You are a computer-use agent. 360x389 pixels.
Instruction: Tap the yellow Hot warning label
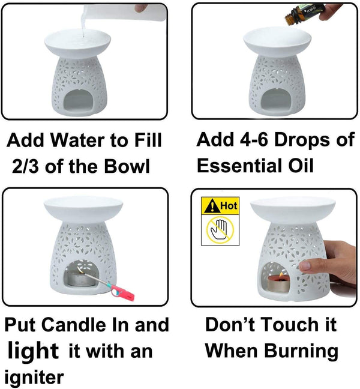coord(218,206)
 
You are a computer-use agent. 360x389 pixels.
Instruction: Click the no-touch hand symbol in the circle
coord(219,229)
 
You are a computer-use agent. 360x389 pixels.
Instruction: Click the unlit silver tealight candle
coord(79,278)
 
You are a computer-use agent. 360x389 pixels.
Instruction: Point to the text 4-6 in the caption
coord(256,140)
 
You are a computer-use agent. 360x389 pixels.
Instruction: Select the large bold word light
coord(33,350)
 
